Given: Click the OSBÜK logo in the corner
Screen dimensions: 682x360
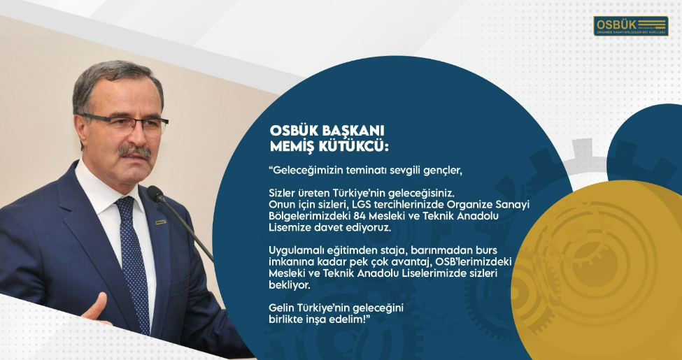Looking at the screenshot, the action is (631, 26).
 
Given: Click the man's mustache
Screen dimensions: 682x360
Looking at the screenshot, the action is (135, 152).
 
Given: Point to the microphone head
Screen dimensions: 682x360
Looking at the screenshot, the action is (155, 194).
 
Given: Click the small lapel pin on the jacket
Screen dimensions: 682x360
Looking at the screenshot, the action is (161, 222).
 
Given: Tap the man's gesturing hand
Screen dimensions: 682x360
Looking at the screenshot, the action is (97, 309).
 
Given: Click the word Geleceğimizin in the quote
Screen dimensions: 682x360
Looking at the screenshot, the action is (308, 171).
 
